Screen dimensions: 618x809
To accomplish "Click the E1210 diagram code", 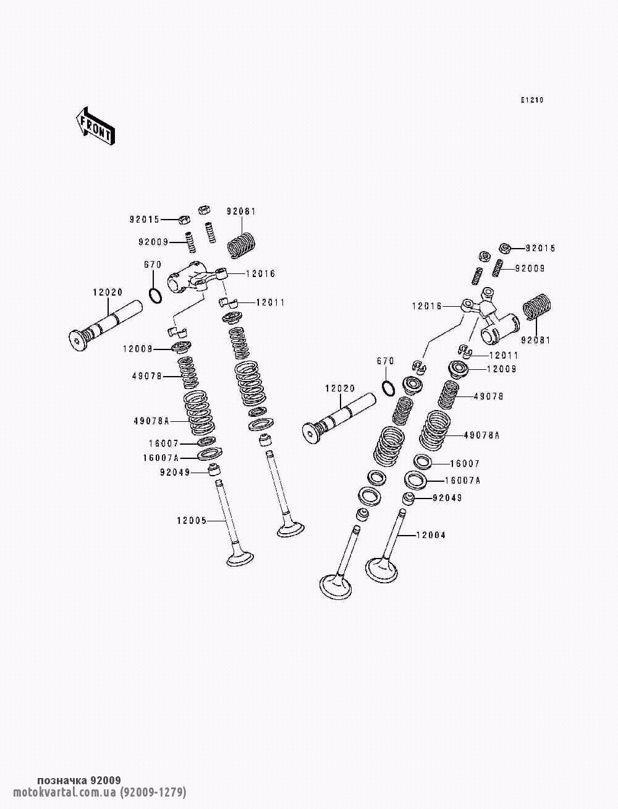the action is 532,100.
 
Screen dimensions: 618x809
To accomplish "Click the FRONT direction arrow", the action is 95,126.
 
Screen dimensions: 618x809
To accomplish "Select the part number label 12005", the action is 192,521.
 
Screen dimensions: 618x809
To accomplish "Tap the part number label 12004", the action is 431,535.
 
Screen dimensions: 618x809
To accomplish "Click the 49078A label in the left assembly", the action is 151,421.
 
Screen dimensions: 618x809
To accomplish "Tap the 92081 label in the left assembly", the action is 241,212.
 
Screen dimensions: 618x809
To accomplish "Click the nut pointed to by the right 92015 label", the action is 505,248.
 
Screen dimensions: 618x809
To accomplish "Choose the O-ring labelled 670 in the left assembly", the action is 155,296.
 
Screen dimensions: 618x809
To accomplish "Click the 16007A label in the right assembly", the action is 463,481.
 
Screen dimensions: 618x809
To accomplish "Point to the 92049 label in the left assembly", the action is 174,472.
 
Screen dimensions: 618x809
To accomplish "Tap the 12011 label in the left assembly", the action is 270,302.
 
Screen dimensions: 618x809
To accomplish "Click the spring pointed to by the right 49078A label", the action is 435,430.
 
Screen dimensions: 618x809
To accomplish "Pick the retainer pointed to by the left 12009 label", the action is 182,347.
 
